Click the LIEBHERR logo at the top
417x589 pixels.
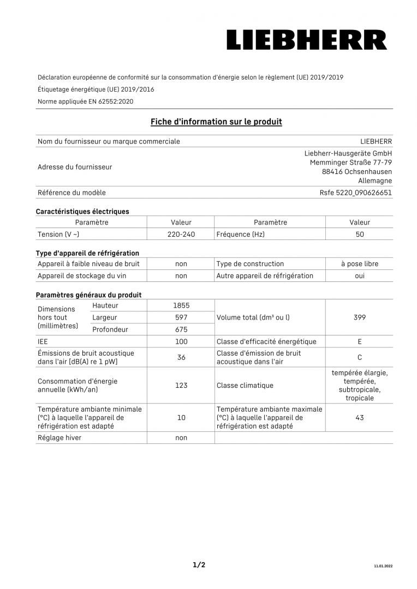click(x=307, y=40)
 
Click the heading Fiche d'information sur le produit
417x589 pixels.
click(x=216, y=122)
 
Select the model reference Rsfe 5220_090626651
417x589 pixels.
click(x=355, y=193)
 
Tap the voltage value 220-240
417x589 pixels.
click(x=181, y=234)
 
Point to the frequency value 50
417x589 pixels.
click(x=359, y=234)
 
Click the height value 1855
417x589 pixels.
click(x=181, y=305)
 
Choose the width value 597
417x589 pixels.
click(x=181, y=317)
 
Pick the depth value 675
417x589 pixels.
click(x=181, y=329)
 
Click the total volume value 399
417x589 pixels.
click(x=359, y=317)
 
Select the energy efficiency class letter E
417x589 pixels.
click(x=359, y=341)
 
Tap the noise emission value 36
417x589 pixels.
click(x=181, y=357)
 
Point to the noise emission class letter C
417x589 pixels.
click(x=359, y=357)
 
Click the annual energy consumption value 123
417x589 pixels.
click(x=181, y=386)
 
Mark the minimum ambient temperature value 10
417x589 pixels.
click(x=181, y=418)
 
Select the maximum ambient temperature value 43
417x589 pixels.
click(x=359, y=418)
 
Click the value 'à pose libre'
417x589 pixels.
click(x=359, y=264)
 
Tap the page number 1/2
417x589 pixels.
click(x=199, y=565)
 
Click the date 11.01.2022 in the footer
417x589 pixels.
click(x=383, y=566)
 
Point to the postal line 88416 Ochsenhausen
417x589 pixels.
click(x=356, y=171)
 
